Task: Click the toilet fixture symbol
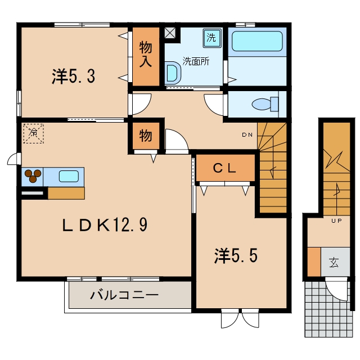coord(265,104)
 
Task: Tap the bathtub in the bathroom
coord(257,41)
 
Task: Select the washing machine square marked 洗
coord(212,38)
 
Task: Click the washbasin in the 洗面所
coord(173,73)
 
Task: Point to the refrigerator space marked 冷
coord(34,133)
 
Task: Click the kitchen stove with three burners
coord(33,177)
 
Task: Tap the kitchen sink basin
coord(69,177)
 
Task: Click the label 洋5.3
coord(74,76)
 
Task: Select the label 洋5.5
coord(236,255)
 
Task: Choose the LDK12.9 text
coord(105,225)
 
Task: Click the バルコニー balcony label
coord(124,295)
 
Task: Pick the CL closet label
coord(224,168)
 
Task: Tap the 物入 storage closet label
coord(146,54)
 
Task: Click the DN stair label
coord(247,135)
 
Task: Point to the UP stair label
coord(336,221)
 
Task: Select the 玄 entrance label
coord(334,263)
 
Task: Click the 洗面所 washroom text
coord(196,61)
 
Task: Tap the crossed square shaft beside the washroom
coord(170,33)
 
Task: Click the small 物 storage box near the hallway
coord(146,136)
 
